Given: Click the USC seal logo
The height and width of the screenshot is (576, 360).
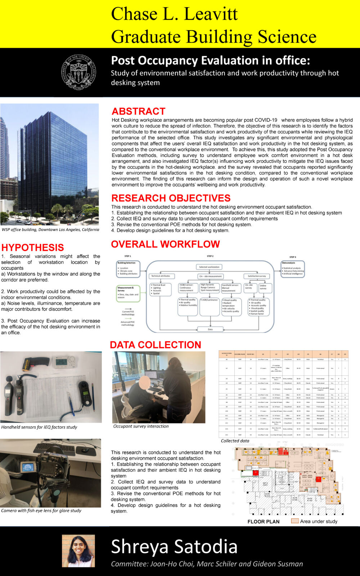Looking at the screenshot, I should click(x=78, y=72).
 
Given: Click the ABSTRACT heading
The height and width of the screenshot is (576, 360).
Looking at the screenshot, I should click(x=138, y=111).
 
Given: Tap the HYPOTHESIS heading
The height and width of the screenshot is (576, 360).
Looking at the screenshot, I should click(x=33, y=248).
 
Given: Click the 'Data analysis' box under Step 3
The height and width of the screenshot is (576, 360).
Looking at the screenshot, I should click(x=293, y=269).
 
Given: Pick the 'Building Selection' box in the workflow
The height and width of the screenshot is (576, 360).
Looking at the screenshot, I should click(x=128, y=269).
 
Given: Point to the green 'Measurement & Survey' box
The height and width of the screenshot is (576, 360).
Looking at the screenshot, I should click(x=128, y=293).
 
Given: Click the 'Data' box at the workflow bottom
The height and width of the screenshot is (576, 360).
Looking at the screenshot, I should click(x=210, y=329).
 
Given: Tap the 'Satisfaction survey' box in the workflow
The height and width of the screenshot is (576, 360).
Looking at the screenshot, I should click(x=257, y=276).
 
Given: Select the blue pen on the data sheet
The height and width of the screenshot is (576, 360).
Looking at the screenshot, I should click(x=71, y=404).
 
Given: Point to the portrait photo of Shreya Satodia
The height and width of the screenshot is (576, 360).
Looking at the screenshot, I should click(x=78, y=551).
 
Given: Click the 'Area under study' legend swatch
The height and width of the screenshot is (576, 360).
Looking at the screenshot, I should click(x=295, y=521).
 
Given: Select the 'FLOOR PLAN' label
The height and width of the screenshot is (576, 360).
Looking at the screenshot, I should click(x=263, y=521).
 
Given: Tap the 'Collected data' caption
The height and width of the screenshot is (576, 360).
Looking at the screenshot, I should click(x=235, y=441).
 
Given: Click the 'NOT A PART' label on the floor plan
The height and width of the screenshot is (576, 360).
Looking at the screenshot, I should click(x=265, y=484).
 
